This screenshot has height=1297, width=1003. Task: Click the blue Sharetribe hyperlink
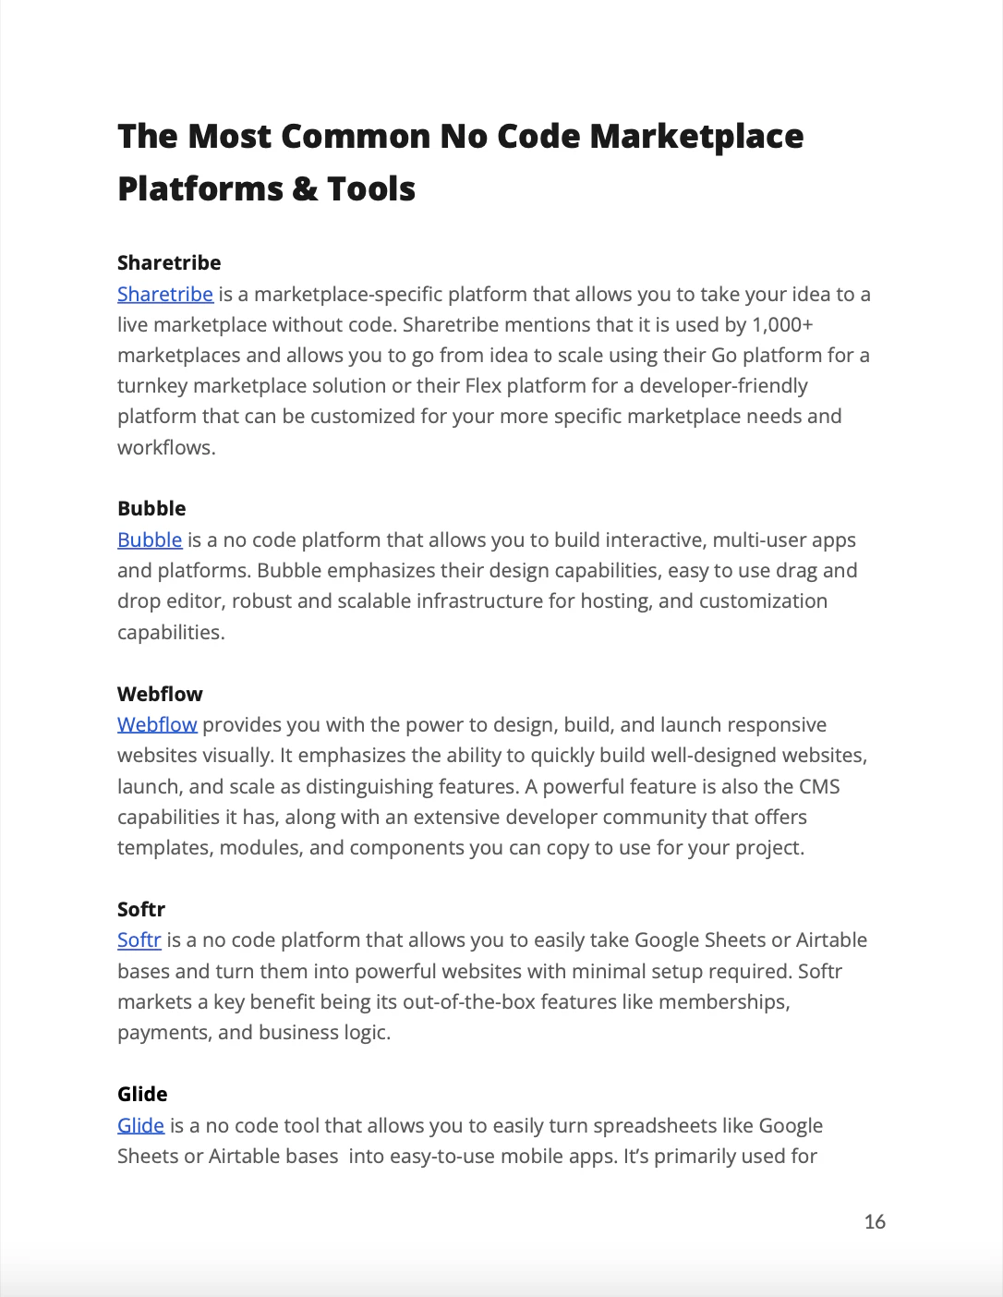click(x=164, y=295)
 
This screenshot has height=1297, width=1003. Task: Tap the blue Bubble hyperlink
click(x=150, y=540)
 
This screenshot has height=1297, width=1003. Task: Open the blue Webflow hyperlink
click(x=157, y=725)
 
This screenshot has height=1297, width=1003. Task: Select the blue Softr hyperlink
click(x=139, y=940)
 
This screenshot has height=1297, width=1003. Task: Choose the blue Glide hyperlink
click(x=140, y=1126)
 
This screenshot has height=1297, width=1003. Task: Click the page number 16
click(x=875, y=1222)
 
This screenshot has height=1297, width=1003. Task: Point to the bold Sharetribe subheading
click(x=169, y=263)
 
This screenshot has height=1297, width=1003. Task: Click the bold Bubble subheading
click(x=151, y=509)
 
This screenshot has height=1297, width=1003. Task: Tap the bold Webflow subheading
click(x=160, y=695)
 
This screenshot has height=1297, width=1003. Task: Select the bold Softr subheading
click(x=141, y=910)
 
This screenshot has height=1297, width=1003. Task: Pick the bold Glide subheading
click(x=142, y=1095)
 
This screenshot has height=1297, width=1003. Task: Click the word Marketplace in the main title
click(x=696, y=137)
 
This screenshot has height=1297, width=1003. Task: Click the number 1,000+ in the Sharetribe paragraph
click(x=782, y=325)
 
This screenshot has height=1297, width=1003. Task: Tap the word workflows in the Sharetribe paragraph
click(x=165, y=448)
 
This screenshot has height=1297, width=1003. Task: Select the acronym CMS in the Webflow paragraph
click(x=819, y=787)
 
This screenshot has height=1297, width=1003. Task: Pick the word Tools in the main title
click(x=371, y=189)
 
